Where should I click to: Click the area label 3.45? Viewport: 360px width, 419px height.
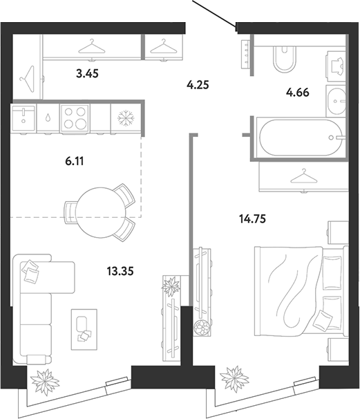[87, 73]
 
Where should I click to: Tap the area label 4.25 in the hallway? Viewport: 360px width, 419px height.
[198, 85]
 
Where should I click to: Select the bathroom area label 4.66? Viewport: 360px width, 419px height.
[298, 93]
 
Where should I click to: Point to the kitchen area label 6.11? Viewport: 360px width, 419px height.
[75, 161]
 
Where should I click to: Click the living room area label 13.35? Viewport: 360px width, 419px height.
[120, 271]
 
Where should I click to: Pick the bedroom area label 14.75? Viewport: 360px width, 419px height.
[252, 219]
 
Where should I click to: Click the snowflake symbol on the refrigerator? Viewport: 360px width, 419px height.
[126, 118]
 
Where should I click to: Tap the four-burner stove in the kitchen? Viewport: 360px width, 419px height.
[75, 118]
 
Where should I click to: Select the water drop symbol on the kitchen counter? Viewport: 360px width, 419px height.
[48, 118]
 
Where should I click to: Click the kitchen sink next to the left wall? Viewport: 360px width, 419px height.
[23, 118]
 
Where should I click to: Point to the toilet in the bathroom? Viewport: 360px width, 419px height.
[284, 59]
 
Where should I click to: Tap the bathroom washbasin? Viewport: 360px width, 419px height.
[337, 101]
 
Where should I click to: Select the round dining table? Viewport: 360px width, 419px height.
[101, 212]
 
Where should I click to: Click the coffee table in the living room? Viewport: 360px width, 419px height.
[84, 329]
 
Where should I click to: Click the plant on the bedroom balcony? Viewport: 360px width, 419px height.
[234, 380]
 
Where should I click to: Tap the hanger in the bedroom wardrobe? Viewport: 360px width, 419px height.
[303, 176]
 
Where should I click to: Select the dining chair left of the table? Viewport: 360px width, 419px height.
[70, 212]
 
